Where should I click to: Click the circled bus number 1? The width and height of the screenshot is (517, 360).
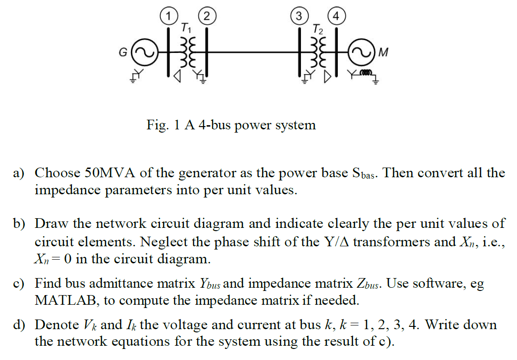click(169, 16)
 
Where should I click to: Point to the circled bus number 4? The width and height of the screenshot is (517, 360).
click(336, 16)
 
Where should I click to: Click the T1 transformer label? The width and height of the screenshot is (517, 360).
click(186, 28)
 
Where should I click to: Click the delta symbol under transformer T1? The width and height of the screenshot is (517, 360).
click(176, 76)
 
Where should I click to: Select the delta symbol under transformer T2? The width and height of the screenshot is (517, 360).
click(328, 76)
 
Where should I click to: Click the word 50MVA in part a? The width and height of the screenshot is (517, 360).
click(110, 173)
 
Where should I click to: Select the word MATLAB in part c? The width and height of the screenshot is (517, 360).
click(67, 301)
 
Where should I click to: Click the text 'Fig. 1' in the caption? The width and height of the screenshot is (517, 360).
click(160, 125)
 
